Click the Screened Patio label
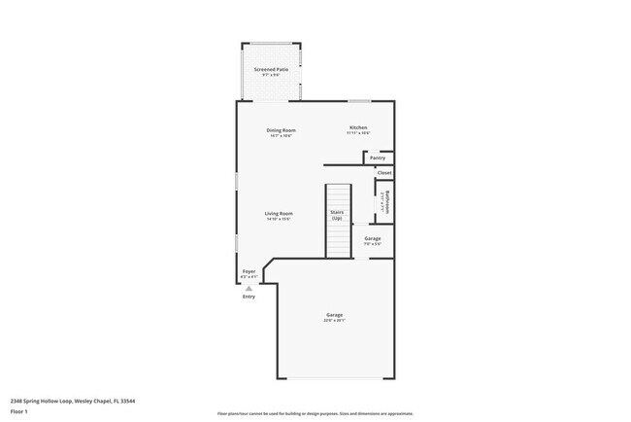(272, 70)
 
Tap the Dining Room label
(281, 130)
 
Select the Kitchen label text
(358, 128)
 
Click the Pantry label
(378, 158)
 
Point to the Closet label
(384, 173)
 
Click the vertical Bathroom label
(385, 201)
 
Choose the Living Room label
(280, 213)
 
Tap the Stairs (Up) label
(337, 215)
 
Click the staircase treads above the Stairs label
(337, 194)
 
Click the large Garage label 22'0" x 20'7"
(335, 315)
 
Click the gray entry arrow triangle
(249, 288)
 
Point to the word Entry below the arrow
(249, 297)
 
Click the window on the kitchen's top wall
(360, 101)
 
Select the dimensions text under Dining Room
(281, 136)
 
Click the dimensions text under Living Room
(280, 219)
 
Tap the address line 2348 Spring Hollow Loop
(73, 400)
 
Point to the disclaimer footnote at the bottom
(315, 413)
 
